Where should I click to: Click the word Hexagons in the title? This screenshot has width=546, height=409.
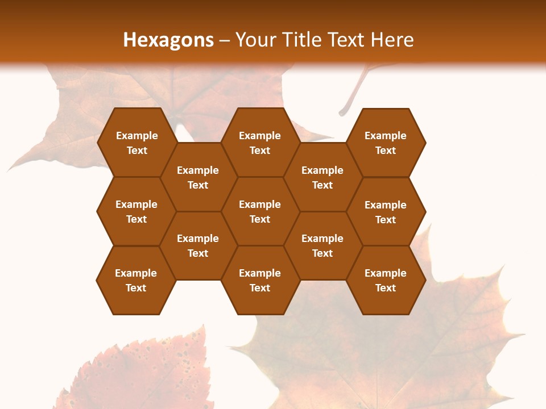point(168,40)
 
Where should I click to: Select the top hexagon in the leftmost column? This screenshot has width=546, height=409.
point(136,143)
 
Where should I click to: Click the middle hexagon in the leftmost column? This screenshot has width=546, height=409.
point(136,211)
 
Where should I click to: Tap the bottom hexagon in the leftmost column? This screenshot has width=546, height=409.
point(136,280)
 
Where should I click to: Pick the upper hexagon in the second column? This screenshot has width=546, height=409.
point(198,177)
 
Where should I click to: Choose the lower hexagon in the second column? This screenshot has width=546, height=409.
point(198,245)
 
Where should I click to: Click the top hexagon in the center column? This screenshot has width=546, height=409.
point(260,143)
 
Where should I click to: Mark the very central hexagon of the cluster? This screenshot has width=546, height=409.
point(260,211)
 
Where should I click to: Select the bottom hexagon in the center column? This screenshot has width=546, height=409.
point(260,280)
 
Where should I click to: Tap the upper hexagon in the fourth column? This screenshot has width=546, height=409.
point(322,177)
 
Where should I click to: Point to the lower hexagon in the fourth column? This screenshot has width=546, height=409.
point(322,245)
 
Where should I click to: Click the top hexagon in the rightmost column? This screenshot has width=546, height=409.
point(386,143)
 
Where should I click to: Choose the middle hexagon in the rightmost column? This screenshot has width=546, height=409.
point(386,212)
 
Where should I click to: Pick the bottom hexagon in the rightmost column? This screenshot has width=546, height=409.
point(386,280)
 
